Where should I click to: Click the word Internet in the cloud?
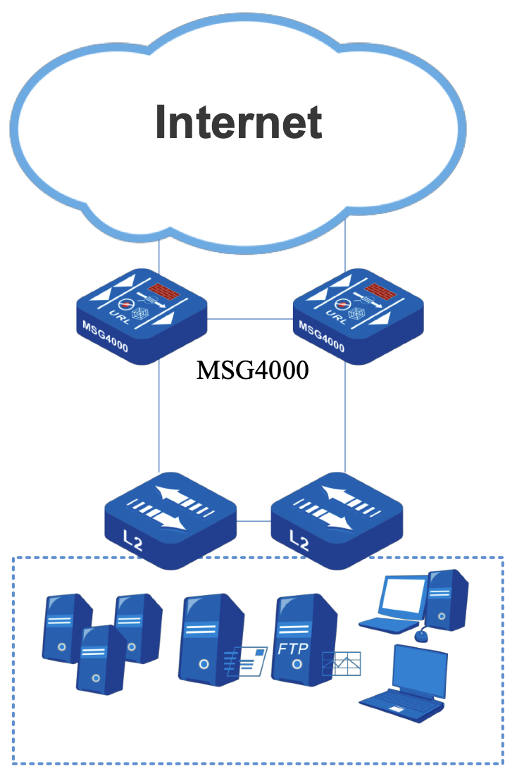tap(239, 122)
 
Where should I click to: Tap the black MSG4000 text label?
tap(252, 370)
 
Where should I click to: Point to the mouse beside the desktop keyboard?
tap(421, 636)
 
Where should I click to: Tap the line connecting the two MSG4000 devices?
tap(249, 320)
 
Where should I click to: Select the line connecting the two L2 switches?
tap(253, 521)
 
